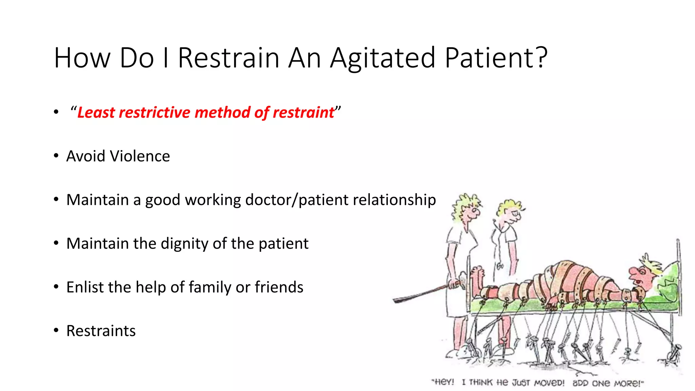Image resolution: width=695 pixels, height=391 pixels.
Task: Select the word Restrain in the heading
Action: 228,58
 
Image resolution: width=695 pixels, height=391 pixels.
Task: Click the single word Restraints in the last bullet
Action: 101,331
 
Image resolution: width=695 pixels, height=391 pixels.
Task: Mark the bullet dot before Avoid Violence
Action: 56,156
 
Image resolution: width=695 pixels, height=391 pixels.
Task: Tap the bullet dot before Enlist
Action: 56,287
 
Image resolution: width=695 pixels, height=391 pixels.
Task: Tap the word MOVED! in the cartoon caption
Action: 549,383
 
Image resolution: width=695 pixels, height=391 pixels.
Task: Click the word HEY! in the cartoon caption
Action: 443,382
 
